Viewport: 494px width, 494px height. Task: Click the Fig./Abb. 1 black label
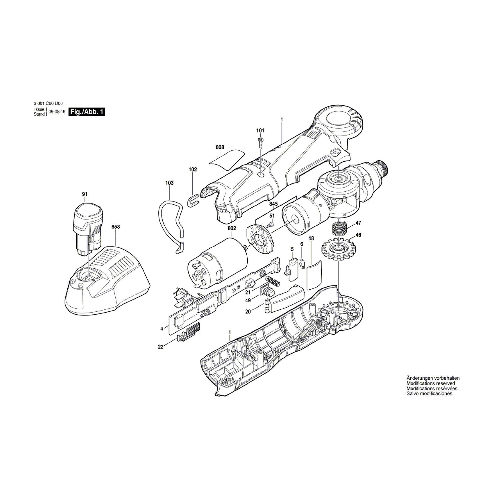click(x=87, y=112)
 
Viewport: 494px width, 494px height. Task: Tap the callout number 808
click(x=220, y=147)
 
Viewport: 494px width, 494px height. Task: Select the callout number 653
click(x=116, y=227)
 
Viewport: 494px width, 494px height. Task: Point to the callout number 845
click(x=273, y=204)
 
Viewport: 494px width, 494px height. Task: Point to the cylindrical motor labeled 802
click(x=217, y=263)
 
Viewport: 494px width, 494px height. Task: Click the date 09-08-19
click(x=57, y=112)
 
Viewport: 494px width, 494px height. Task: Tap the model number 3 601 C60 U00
click(x=48, y=103)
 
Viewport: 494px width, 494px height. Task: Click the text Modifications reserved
click(x=431, y=391)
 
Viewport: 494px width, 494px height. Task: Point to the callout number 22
click(x=160, y=347)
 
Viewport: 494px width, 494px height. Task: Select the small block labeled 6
click(x=302, y=263)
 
